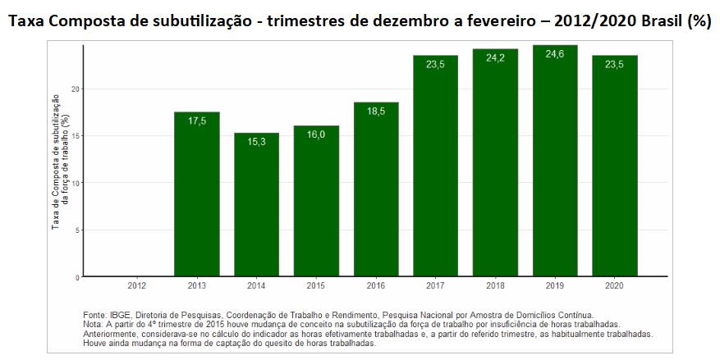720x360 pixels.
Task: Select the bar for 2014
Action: pyautogui.click(x=256, y=205)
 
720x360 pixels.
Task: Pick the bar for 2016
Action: pyautogui.click(x=376, y=189)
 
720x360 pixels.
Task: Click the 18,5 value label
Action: pyautogui.click(x=376, y=112)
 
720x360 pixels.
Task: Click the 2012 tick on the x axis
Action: pyautogui.click(x=136, y=285)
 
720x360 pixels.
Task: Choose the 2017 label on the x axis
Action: pyautogui.click(x=435, y=285)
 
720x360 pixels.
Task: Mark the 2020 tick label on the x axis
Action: pyautogui.click(x=615, y=285)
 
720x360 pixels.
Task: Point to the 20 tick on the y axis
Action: pyautogui.click(x=76, y=89)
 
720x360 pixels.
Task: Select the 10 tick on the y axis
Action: pyautogui.click(x=76, y=183)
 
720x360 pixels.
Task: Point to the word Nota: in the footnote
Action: pyautogui.click(x=95, y=325)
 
